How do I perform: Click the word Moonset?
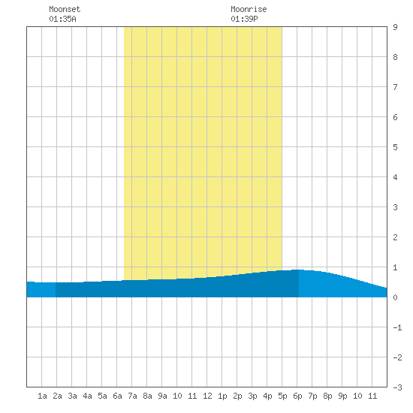[65, 9]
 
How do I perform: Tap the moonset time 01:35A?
[62, 19]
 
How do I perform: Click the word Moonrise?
[249, 9]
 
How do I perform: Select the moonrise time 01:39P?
[244, 19]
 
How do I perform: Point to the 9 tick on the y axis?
[395, 27]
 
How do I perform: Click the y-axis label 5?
[395, 147]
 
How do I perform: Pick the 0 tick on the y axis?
[395, 297]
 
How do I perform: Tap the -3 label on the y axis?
[397, 387]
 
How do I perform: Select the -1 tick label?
[397, 327]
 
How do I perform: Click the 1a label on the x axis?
[42, 396]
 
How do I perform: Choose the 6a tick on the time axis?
[117, 396]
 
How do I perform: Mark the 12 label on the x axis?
[207, 396]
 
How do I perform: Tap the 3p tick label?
[252, 396]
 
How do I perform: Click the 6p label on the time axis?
[297, 396]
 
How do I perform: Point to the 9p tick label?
[342, 396]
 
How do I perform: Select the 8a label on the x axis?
[147, 396]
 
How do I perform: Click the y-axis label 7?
[395, 87]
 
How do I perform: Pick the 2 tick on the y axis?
[395, 237]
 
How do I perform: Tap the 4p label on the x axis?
[267, 396]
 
